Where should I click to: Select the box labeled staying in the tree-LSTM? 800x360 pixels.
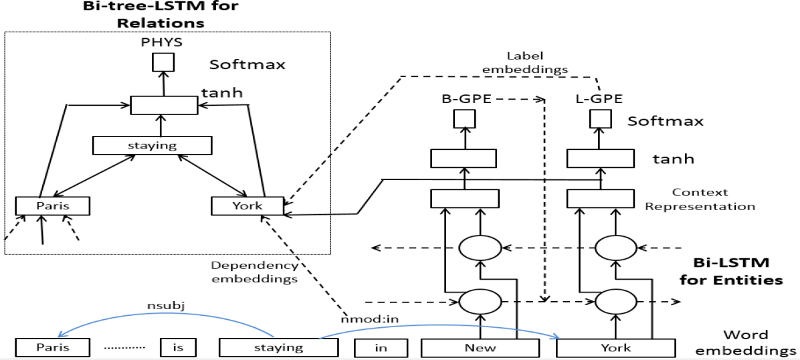click(x=152, y=145)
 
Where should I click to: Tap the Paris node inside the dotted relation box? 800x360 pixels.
click(x=53, y=205)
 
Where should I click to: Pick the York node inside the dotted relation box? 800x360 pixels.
click(x=247, y=205)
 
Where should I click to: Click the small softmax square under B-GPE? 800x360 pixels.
click(x=464, y=119)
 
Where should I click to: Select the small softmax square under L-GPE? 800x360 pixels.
click(x=599, y=119)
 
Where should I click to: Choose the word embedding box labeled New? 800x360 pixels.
click(x=480, y=347)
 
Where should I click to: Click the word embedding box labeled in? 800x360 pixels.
click(x=381, y=348)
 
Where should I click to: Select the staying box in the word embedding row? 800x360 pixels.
click(x=278, y=347)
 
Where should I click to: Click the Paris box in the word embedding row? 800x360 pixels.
click(x=53, y=348)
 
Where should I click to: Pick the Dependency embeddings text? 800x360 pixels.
click(x=254, y=272)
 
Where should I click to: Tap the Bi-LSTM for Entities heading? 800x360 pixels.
click(x=730, y=270)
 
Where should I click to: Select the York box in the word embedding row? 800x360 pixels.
click(x=614, y=347)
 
